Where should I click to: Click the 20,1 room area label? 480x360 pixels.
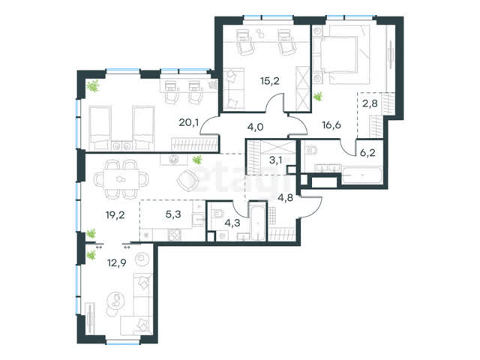(x=188, y=123)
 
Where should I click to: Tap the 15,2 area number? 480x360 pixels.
(x=270, y=81)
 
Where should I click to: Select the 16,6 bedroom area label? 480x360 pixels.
(x=331, y=125)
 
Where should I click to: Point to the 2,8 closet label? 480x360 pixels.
(x=370, y=103)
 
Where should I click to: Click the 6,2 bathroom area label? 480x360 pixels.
(x=367, y=152)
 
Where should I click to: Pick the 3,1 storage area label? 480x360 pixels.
(x=275, y=160)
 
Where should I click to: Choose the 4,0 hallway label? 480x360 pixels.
(x=255, y=127)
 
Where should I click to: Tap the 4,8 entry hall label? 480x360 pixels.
(x=285, y=197)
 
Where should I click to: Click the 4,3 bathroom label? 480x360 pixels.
(x=232, y=223)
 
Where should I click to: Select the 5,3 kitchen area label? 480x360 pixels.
(x=173, y=214)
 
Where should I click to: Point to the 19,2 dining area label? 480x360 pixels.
(x=115, y=215)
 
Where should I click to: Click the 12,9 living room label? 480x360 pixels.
(x=117, y=262)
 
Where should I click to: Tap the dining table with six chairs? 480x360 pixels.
(x=121, y=179)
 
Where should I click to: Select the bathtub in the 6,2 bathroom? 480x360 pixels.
(x=361, y=175)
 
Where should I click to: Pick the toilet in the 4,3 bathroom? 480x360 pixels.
(x=217, y=213)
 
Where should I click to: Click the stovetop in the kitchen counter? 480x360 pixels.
(x=174, y=235)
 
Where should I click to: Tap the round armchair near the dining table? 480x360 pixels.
(x=187, y=181)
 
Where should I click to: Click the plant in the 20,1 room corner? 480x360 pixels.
(x=92, y=86)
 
